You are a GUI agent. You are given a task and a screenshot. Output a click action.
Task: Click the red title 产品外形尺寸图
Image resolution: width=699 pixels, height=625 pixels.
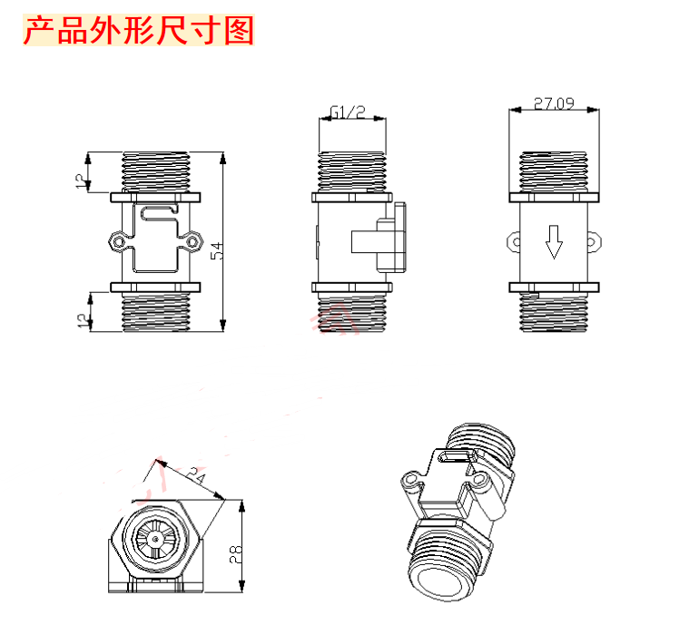[x=139, y=32]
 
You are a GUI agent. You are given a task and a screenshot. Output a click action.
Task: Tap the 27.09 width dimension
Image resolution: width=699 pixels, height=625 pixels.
[x=554, y=103]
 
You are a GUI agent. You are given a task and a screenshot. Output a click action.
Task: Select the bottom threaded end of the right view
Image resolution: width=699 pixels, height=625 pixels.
[x=554, y=314]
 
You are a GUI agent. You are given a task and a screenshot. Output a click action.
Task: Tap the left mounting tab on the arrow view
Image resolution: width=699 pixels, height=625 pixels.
[x=512, y=240]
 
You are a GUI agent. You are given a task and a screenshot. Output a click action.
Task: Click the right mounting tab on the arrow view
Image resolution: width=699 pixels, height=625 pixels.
[x=596, y=240]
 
